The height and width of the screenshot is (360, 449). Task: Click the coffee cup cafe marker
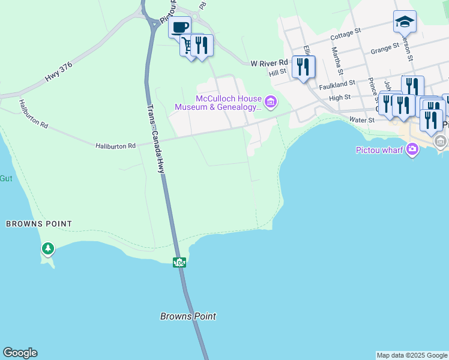pos(179,27)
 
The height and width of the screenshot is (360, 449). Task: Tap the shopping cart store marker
pos(188,45)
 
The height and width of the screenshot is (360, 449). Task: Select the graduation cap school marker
pos(405,22)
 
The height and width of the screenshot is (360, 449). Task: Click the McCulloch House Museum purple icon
pos(271,103)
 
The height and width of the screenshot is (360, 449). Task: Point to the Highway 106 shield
pos(179,262)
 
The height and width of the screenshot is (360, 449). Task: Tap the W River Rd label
pos(270,62)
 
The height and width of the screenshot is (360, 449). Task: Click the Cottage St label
pos(345,33)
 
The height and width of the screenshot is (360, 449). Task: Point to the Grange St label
pos(385,48)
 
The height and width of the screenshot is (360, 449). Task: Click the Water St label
pos(362,120)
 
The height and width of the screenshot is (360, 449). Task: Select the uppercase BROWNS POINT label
pos(39,224)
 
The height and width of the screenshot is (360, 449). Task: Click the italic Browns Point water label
pos(188,316)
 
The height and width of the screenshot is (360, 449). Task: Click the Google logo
pos(20,353)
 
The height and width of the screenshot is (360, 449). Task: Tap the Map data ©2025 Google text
pos(412,355)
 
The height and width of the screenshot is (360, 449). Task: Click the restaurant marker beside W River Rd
pos(303,67)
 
